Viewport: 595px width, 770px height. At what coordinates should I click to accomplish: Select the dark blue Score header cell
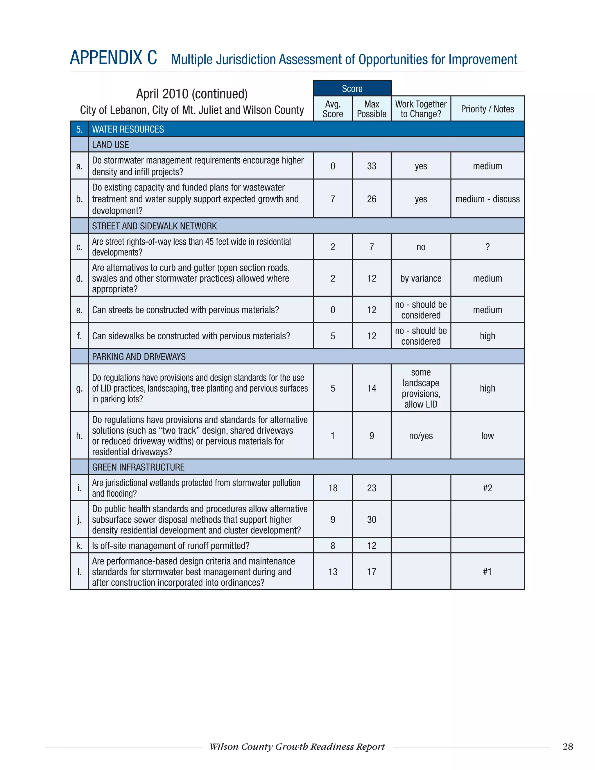click(x=352, y=89)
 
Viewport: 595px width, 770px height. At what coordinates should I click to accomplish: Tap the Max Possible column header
click(x=372, y=109)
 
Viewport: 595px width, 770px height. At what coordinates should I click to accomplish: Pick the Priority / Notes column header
click(x=487, y=109)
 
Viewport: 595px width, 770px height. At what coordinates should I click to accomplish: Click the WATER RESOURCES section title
click(x=128, y=129)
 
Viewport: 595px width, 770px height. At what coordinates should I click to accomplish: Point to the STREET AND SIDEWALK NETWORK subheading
click(x=154, y=226)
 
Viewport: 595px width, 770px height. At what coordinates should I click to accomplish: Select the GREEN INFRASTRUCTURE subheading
click(x=138, y=467)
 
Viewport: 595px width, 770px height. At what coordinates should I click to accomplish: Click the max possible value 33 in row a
click(x=372, y=166)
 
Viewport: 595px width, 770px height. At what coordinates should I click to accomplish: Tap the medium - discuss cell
click(x=487, y=199)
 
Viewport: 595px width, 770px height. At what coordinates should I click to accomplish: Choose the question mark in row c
click(x=487, y=247)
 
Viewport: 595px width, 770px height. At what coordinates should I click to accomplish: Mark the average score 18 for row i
click(x=333, y=488)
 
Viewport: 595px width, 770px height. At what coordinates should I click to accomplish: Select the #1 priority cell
click(x=487, y=572)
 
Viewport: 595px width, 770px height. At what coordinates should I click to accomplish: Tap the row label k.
click(x=79, y=546)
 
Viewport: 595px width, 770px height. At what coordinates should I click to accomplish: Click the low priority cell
click(x=487, y=436)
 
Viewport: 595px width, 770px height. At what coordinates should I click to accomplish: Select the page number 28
click(x=567, y=747)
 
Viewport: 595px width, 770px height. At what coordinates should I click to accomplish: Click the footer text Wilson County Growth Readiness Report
click(x=297, y=747)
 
